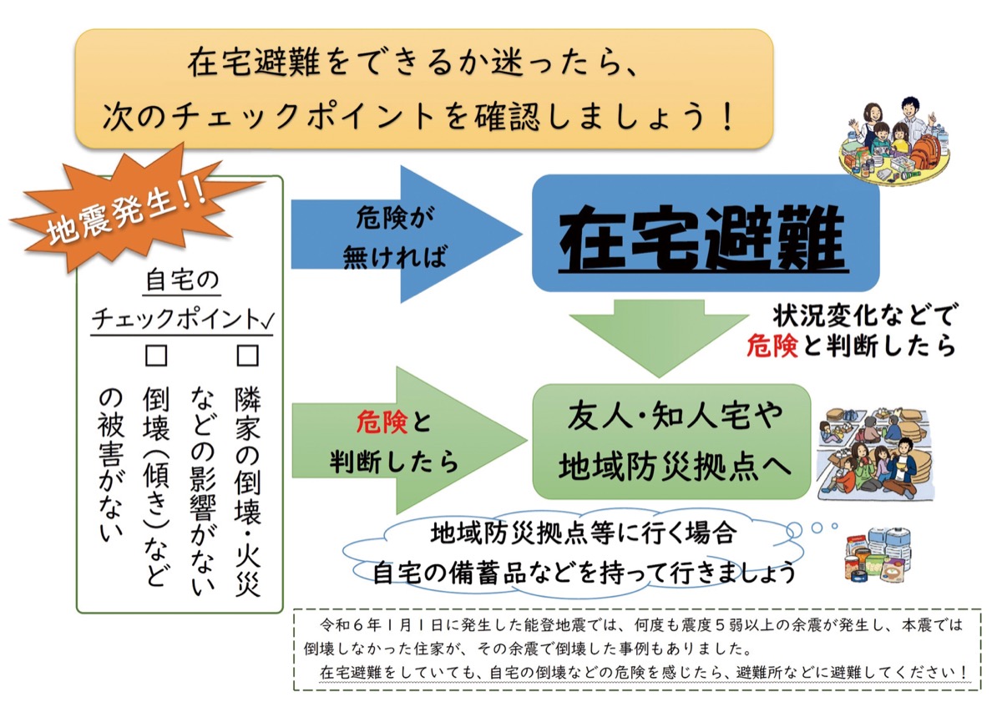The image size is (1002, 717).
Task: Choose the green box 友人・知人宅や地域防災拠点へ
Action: (672, 441)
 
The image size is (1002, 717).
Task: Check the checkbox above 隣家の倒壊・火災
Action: (248, 356)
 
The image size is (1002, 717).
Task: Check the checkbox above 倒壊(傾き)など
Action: (156, 356)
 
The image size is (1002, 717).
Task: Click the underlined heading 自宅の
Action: (181, 280)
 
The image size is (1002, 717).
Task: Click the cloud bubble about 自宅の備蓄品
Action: (576, 552)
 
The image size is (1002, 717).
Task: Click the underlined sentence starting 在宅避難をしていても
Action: (643, 671)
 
